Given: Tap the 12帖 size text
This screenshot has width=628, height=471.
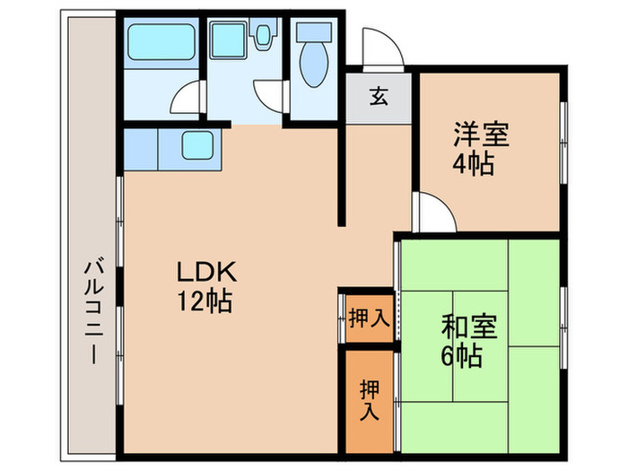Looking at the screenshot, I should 204,301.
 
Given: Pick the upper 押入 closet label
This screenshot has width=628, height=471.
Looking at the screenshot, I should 366,318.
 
